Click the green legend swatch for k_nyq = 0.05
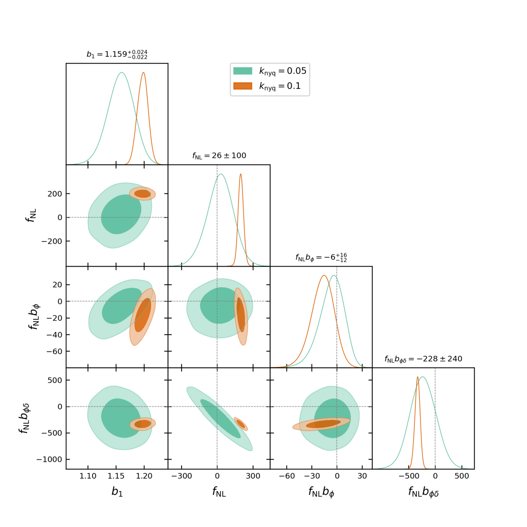242,71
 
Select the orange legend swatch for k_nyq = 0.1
242,86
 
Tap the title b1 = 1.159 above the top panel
117,54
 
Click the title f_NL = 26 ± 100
219,156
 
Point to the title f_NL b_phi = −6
321,258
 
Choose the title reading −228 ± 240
423,359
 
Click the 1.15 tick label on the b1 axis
116,476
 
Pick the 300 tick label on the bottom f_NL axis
253,476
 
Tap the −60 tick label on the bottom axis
287,476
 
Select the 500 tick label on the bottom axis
462,476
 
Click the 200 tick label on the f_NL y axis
55,194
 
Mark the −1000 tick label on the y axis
49,459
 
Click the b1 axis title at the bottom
117,491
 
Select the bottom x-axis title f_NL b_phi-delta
423,492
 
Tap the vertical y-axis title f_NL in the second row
31,215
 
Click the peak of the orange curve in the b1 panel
144,73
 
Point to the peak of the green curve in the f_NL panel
221,174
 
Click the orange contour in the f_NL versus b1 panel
142,194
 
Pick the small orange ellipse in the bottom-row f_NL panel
241,424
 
